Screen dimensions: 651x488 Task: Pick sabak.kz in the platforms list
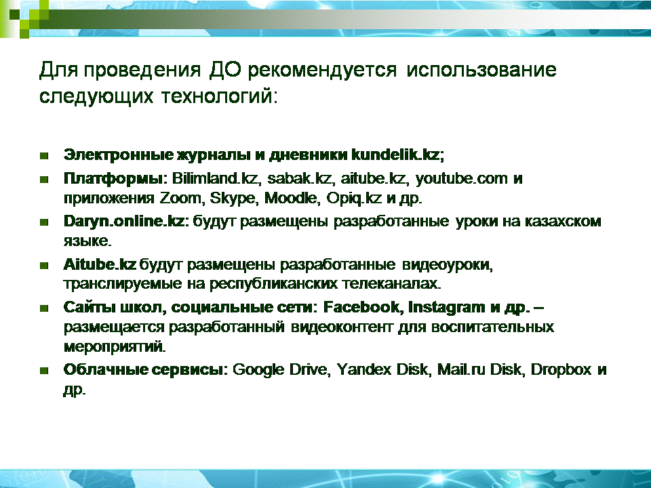(300, 178)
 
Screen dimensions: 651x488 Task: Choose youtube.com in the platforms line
(461, 178)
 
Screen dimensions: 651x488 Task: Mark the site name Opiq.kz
(354, 199)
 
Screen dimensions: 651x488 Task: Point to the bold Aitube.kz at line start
(100, 264)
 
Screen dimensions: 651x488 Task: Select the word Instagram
(446, 308)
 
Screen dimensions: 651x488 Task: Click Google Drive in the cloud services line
(281, 370)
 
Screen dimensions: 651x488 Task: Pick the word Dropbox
(561, 370)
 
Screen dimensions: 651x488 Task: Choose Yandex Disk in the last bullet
(382, 369)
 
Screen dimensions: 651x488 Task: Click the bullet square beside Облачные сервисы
(44, 370)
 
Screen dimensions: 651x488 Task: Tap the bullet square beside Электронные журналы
(44, 156)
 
